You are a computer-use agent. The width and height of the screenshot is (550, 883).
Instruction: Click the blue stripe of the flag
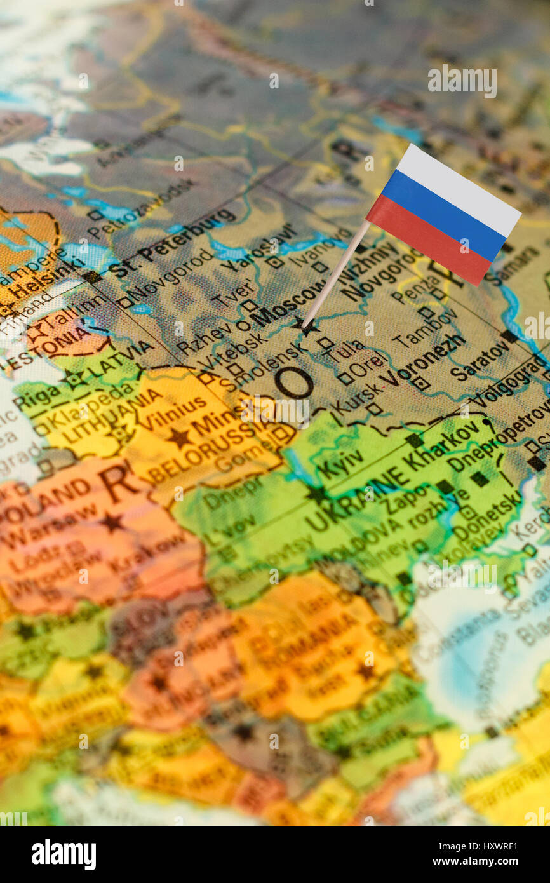[444, 213]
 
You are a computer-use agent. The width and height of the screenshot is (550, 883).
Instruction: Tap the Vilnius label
[171, 412]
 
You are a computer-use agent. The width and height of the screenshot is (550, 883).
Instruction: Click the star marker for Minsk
[178, 437]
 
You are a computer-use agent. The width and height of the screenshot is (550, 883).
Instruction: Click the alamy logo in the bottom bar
[64, 854]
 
